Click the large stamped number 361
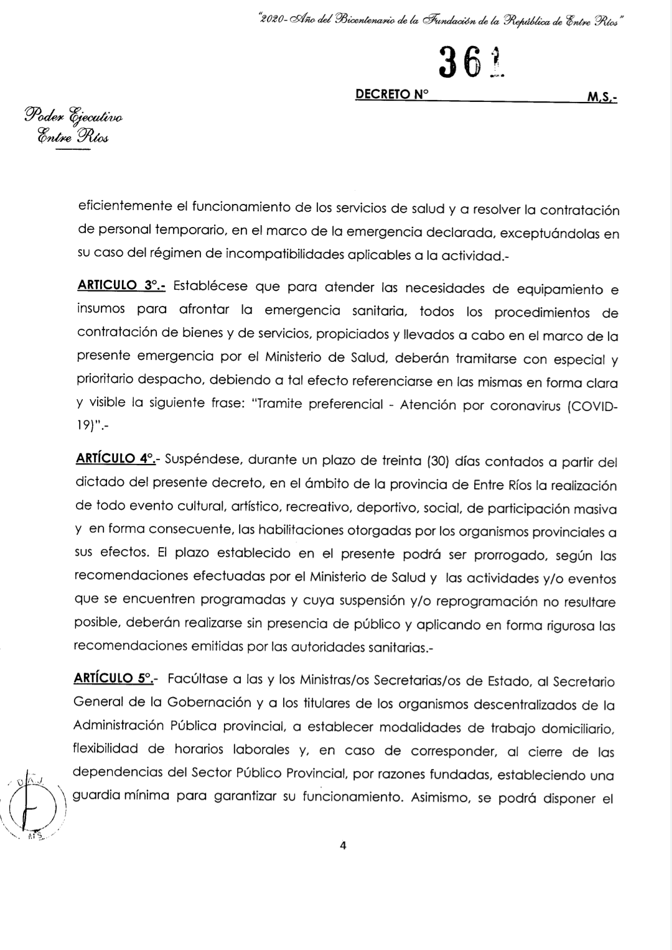(470, 64)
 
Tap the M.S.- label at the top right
(601, 98)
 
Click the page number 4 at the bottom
(342, 845)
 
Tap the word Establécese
(210, 287)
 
